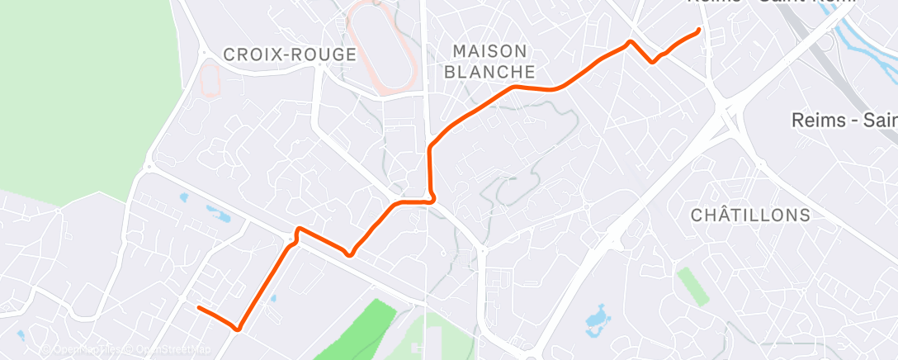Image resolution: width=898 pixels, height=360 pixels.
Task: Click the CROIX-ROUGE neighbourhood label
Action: click(290, 54)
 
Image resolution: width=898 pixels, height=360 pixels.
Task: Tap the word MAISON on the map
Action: click(489, 50)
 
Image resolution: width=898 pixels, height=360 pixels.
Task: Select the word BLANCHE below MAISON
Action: click(489, 72)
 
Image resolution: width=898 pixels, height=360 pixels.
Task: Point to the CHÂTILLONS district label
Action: click(750, 215)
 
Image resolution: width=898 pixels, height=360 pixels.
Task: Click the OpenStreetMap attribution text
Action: click(173, 350)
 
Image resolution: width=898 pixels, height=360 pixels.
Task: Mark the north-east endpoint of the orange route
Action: click(699, 31)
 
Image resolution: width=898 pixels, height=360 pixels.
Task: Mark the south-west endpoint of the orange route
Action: click(199, 308)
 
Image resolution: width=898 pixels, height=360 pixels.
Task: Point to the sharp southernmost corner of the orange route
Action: click(239, 329)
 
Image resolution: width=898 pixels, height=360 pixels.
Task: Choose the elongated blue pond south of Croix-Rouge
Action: click(219, 214)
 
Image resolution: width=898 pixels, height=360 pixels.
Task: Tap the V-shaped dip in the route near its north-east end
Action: click(653, 60)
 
